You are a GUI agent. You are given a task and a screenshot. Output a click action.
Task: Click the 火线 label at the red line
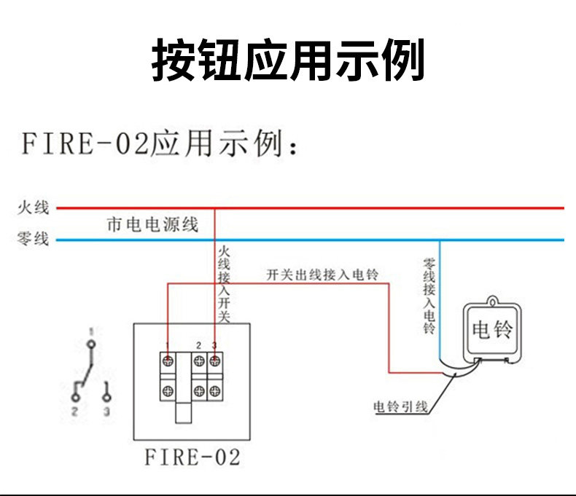(x=33, y=208)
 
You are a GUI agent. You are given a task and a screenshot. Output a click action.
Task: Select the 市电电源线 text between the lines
(x=152, y=224)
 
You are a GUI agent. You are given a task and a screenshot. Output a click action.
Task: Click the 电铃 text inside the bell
(x=493, y=330)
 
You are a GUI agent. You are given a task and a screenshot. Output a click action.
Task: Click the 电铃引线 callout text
(x=400, y=406)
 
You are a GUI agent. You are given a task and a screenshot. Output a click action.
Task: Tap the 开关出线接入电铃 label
(x=322, y=275)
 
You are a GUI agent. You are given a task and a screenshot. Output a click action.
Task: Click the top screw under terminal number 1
(x=168, y=361)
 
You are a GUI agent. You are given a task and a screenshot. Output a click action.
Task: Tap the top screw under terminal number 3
(x=215, y=361)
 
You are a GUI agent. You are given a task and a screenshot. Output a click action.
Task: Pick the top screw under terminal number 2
(x=199, y=361)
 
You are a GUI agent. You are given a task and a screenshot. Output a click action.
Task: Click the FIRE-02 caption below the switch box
(x=192, y=457)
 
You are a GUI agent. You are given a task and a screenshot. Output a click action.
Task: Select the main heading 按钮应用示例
(x=288, y=60)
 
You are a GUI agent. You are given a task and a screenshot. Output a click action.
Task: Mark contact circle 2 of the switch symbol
(x=75, y=397)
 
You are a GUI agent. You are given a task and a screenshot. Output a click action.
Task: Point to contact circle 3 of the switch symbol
(x=107, y=397)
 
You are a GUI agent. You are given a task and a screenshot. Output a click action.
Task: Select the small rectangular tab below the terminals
(x=184, y=412)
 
